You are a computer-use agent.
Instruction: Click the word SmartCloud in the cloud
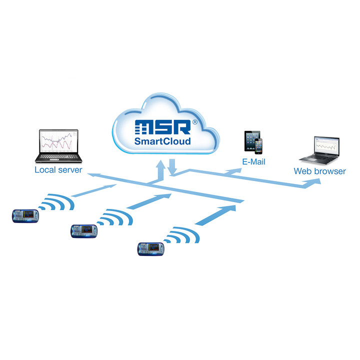(162, 141)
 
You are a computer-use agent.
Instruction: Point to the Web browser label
(319, 171)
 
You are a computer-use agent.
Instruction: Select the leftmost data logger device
(25, 215)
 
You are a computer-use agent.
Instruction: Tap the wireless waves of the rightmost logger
(183, 237)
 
